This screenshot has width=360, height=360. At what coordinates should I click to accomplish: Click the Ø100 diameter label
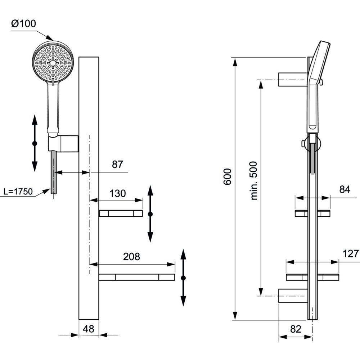pos(24,24)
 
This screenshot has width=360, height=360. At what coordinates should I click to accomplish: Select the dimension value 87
pos(117,165)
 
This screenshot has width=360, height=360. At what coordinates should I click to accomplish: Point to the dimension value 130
pos(118,193)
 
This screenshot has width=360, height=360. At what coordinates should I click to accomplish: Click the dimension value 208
pos(131,257)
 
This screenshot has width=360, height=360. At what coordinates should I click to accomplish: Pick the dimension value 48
pos(89,329)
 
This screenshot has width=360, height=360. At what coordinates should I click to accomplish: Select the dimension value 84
pos(345,189)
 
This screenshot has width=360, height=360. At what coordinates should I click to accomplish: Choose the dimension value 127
pos(351,254)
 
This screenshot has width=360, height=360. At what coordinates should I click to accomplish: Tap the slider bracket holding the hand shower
pos(63,143)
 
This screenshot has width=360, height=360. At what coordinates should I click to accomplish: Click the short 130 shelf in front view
pos(121,213)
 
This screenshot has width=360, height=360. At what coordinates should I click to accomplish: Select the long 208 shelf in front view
pos(136,277)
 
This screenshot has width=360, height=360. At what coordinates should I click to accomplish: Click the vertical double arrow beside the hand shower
pos(35,143)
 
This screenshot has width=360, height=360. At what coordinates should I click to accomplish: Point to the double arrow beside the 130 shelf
pos(150,214)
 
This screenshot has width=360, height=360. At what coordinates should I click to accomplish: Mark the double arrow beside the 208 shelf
pos(183,278)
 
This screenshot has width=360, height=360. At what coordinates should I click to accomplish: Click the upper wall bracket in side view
pos(292,79)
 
